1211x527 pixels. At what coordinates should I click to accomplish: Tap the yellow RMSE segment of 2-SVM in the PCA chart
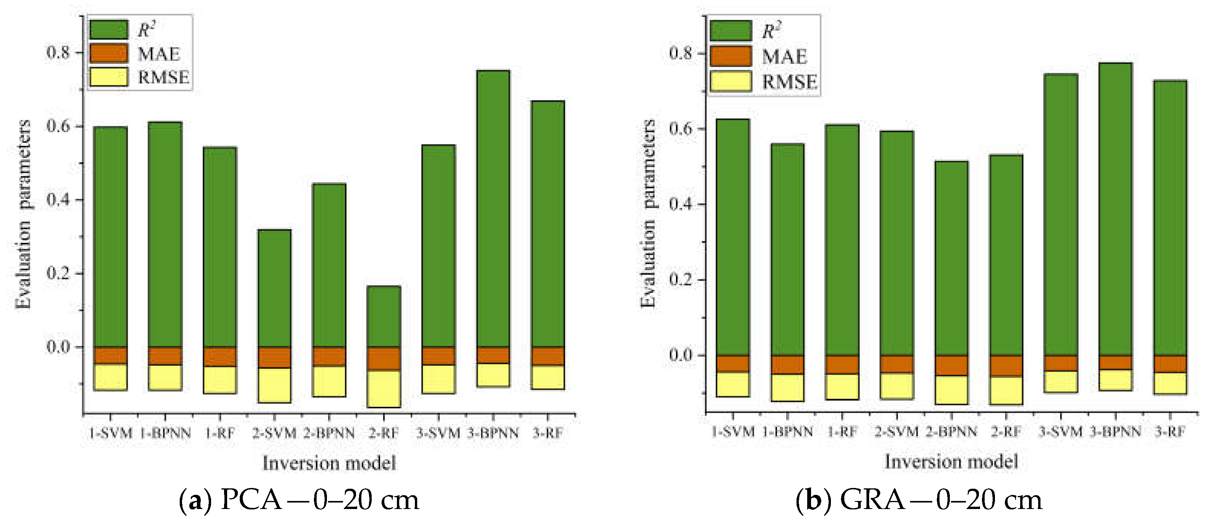tap(275, 385)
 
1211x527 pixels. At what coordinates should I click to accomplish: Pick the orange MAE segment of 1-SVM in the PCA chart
tap(111, 356)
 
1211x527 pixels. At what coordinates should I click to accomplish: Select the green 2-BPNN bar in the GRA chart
tap(951, 259)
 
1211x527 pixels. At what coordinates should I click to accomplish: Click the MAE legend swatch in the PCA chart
tap(109, 53)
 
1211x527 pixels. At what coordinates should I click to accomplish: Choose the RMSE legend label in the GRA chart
tap(789, 82)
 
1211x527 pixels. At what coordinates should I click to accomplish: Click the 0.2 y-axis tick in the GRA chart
tap(681, 280)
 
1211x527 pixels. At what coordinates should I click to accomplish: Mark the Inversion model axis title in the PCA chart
tap(329, 463)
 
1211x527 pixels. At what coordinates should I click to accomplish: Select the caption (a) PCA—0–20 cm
tap(299, 500)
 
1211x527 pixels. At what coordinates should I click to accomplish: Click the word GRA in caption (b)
tap(873, 500)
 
